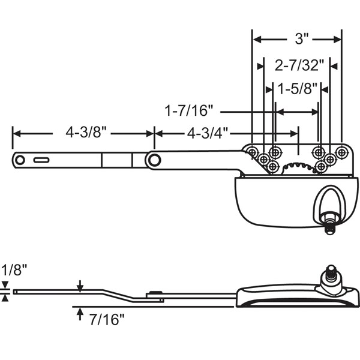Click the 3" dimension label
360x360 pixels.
coord(301,40)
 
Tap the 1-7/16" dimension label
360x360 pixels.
coord(190,112)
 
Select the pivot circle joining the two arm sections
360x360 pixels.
coord(154,160)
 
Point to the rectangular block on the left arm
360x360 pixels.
coord(116,160)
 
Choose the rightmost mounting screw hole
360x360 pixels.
coord(341,151)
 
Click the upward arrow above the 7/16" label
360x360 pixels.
coord(79,312)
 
